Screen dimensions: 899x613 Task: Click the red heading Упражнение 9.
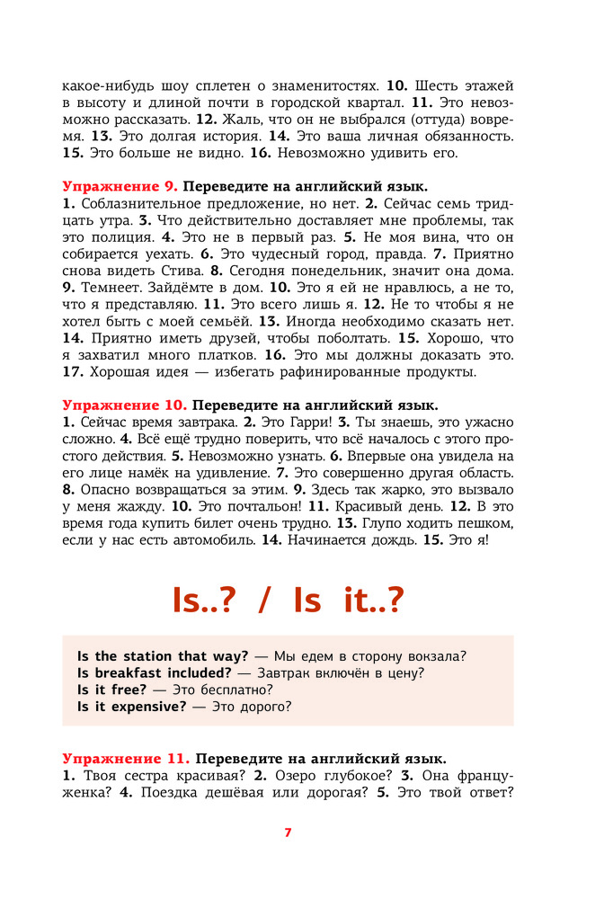120,187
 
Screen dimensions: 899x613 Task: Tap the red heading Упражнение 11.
126,759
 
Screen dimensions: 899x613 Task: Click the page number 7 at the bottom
288,832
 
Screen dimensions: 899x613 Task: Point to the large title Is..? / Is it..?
288,601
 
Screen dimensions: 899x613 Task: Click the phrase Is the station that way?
163,655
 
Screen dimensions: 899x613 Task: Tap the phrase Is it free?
111,690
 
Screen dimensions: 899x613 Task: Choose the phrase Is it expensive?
131,707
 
